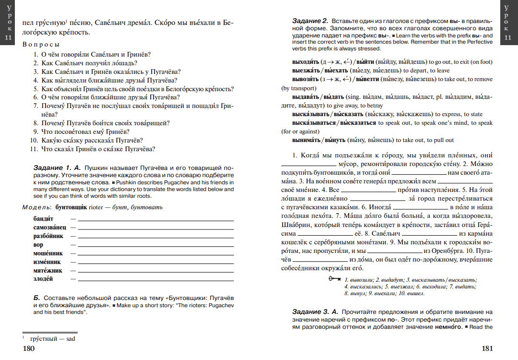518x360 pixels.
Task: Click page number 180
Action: (29, 348)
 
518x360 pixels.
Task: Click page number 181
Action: (487, 348)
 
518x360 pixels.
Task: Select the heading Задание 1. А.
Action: (58, 168)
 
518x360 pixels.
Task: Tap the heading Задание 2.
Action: (310, 21)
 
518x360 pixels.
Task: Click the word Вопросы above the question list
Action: (41, 45)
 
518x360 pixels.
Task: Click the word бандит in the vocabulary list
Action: (43, 219)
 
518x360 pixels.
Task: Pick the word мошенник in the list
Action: (48, 253)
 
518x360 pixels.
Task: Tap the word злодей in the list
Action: (43, 279)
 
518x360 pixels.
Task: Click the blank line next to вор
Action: (155, 245)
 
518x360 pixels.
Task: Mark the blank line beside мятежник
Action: (155, 271)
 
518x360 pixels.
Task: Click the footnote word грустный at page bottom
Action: (42, 338)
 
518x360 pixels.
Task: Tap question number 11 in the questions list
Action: (34, 149)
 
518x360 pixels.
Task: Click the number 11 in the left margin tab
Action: (8, 38)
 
